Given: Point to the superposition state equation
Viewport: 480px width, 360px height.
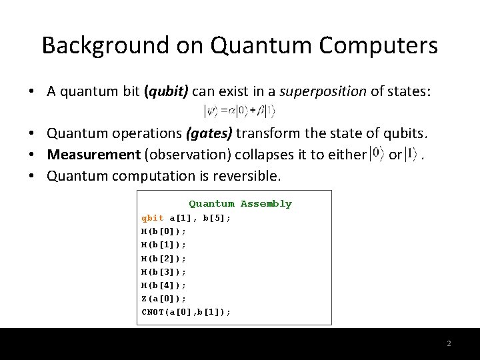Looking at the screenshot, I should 239,111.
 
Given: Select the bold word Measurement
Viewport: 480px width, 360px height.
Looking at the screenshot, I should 93,155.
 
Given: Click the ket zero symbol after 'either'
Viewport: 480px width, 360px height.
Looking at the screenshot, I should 377,154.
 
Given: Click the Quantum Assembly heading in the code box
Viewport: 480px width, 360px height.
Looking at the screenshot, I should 240,204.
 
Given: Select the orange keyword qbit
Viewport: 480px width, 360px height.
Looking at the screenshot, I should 153,218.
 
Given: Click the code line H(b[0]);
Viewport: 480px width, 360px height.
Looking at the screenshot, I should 164,231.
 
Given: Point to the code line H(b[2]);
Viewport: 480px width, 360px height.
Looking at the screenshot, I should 164,258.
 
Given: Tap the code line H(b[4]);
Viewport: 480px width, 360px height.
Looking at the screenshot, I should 164,285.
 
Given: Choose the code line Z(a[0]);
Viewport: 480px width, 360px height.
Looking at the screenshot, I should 164,299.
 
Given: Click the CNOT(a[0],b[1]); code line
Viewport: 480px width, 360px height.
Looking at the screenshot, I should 186,312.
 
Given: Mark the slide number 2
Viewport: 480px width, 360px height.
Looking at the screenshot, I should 449,343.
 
